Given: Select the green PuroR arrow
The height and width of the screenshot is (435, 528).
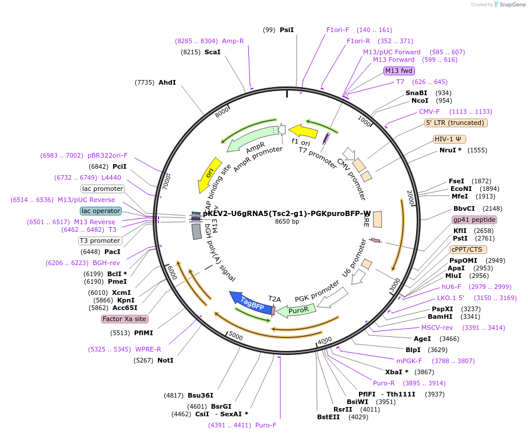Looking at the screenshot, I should (x=295, y=310).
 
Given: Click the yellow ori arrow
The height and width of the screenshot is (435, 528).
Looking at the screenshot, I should (x=209, y=173).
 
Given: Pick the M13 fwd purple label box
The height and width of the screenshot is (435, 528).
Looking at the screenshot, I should (x=399, y=71).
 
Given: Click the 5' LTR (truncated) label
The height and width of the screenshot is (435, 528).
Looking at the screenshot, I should (x=456, y=123).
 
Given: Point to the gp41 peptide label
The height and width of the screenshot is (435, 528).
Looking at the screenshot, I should (x=474, y=220).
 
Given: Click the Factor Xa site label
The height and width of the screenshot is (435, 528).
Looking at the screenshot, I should (x=124, y=319).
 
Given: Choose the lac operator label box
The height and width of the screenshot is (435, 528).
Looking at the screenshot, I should (x=101, y=211).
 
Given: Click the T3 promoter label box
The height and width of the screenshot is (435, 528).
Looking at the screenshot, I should (x=100, y=241).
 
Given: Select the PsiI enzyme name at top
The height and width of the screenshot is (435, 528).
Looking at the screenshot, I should (x=287, y=30).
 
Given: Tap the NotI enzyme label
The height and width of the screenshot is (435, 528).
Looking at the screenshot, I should (x=166, y=360).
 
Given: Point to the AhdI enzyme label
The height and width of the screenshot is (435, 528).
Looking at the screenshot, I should (x=167, y=82).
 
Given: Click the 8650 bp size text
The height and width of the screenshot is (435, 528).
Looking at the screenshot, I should (x=287, y=221).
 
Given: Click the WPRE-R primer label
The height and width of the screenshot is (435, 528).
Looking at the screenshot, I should (x=148, y=349).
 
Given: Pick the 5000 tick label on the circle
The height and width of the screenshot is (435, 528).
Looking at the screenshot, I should (x=235, y=336).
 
